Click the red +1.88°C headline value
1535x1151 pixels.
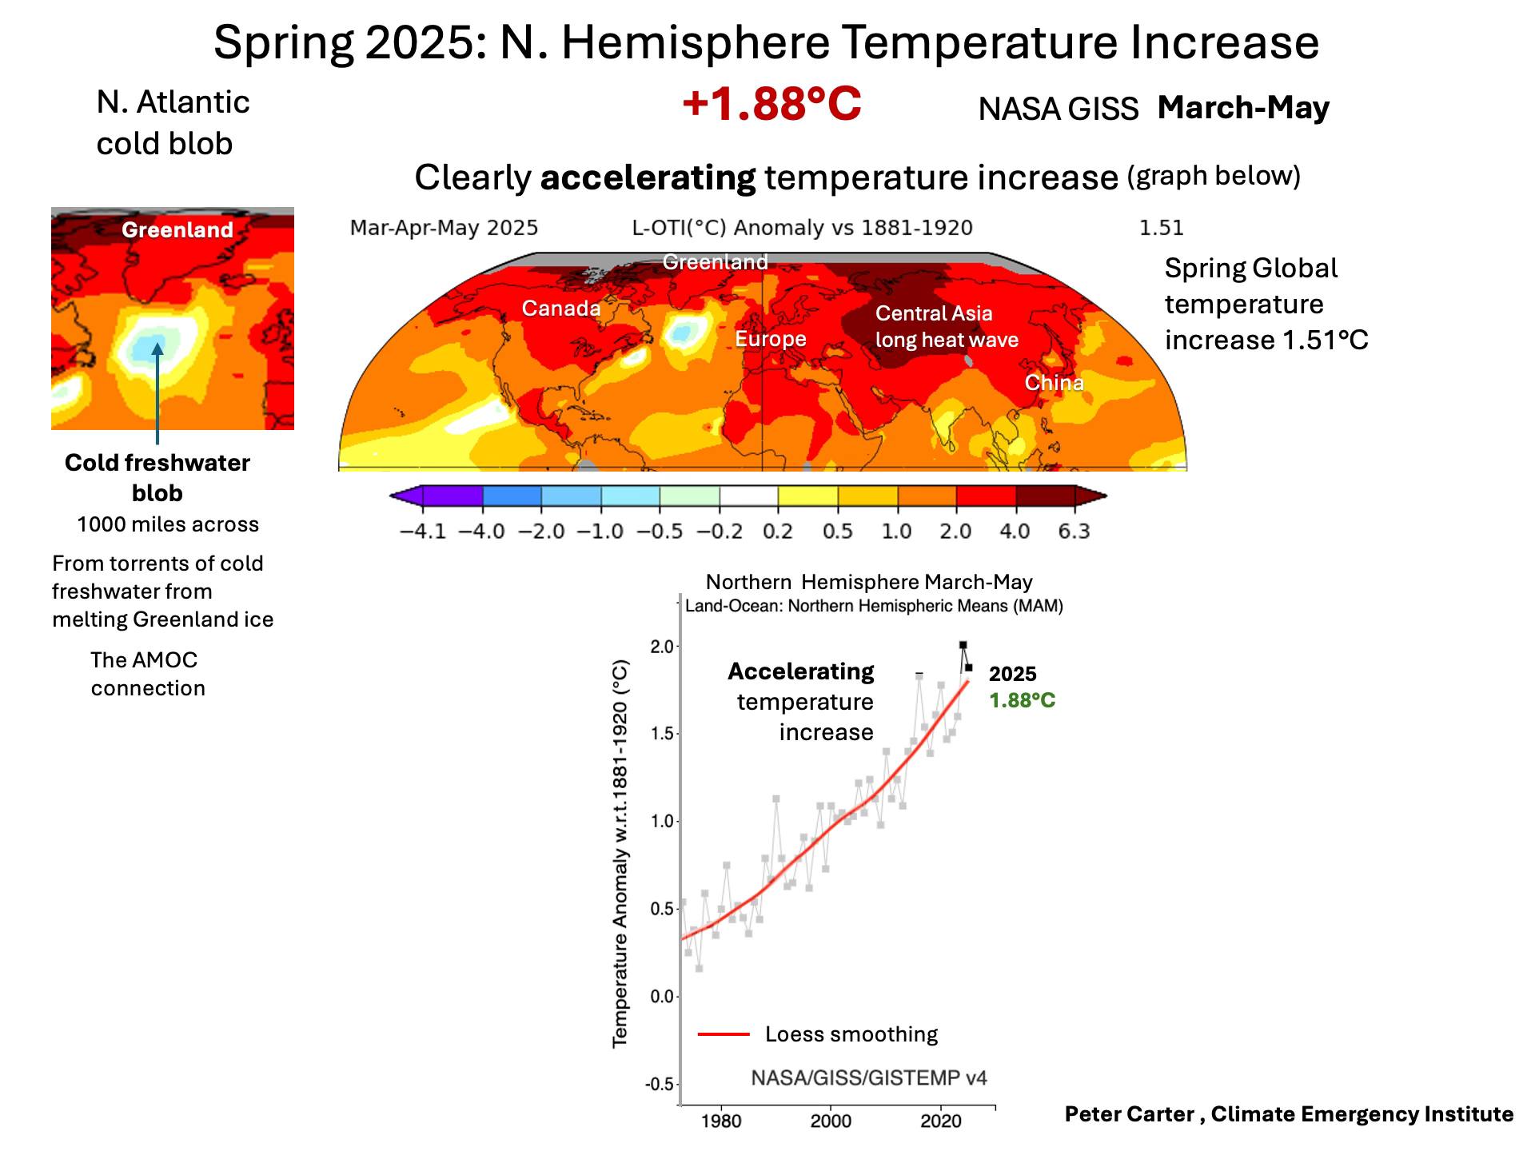click(771, 105)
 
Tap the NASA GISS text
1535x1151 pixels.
click(1058, 110)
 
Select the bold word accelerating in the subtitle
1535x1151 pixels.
click(648, 177)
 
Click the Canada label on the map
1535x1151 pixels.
click(561, 309)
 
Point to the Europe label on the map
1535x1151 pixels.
click(771, 339)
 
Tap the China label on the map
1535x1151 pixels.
click(1055, 383)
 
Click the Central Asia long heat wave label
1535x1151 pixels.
click(947, 326)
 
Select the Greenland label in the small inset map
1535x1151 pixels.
click(177, 230)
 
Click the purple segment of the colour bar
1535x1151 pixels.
click(452, 496)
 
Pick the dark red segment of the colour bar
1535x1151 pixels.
click(1045, 496)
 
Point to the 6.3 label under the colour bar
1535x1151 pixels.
click(1074, 532)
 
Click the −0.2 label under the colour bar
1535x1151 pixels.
click(720, 532)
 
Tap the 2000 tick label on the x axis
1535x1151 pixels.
click(831, 1121)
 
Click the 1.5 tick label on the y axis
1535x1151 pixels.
click(663, 734)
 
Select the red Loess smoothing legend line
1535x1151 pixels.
click(724, 1034)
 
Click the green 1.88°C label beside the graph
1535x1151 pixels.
click(1022, 701)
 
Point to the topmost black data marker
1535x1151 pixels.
click(963, 645)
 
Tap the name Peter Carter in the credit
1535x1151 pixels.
click(1129, 1114)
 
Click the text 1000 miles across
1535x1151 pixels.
click(168, 524)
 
